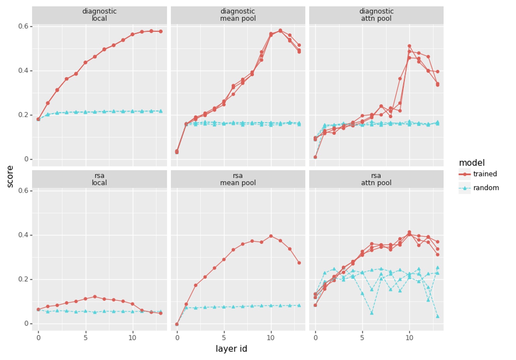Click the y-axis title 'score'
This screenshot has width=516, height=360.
click(10, 176)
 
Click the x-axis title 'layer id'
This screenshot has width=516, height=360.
click(231, 349)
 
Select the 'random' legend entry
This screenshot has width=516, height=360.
click(486, 188)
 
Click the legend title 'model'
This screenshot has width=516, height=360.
click(471, 163)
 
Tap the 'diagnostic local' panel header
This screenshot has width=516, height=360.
click(99, 15)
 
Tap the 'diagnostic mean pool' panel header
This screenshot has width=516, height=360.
click(238, 15)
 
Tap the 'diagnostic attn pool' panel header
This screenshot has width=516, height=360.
click(376, 15)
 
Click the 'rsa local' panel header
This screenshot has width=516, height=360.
click(99, 179)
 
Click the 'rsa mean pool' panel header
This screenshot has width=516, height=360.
click(238, 179)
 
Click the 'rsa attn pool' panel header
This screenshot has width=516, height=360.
click(376, 179)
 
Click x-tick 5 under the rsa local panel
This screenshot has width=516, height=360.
click(85, 338)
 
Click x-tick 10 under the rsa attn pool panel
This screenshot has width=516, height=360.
click(409, 338)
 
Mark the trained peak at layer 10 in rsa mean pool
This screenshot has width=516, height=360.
click(271, 236)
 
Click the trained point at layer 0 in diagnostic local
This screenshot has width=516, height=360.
click(38, 119)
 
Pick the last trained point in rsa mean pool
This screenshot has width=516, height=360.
click(299, 263)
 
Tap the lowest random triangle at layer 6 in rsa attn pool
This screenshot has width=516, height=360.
click(372, 313)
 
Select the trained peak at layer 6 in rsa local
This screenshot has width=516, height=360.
click(95, 297)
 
